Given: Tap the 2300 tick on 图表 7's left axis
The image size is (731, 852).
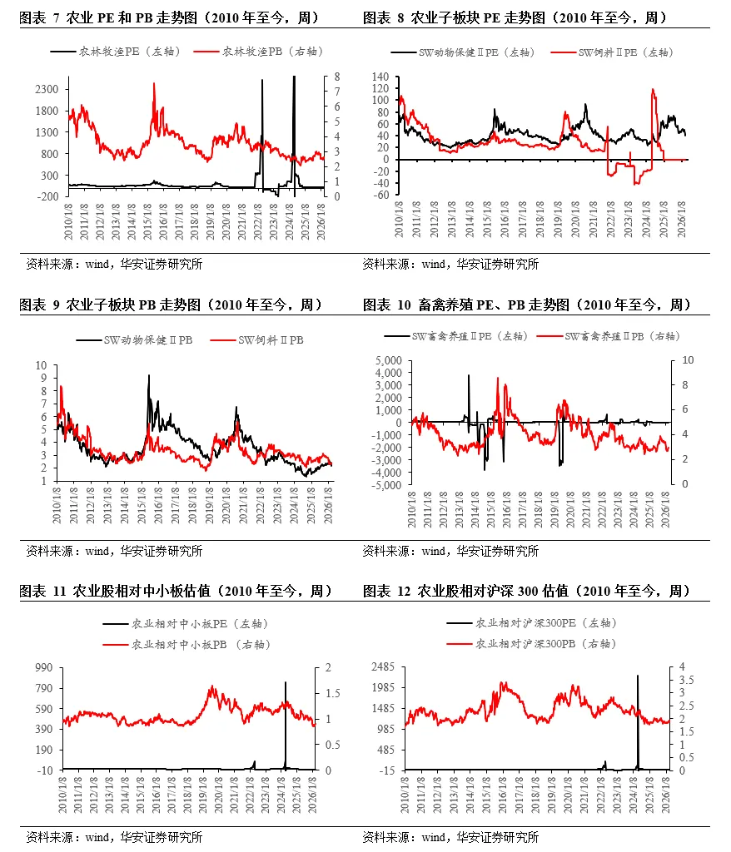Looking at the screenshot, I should [x=47, y=89].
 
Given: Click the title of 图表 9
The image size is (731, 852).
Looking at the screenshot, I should [x=170, y=305].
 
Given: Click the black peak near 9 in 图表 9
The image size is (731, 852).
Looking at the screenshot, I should [x=149, y=376].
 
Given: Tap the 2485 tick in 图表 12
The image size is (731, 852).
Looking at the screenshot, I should [x=382, y=667].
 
